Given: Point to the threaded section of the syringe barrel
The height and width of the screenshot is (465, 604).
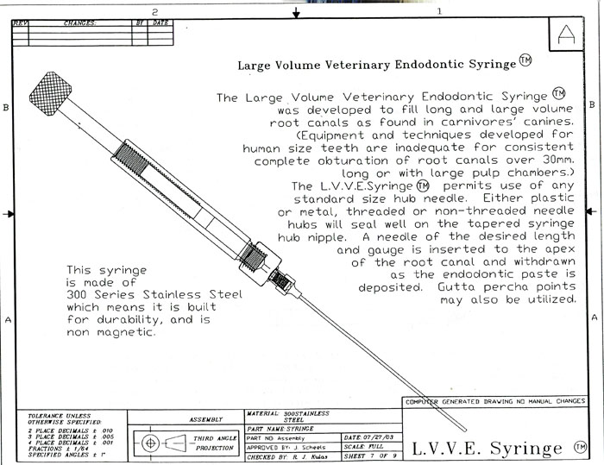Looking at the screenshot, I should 126,155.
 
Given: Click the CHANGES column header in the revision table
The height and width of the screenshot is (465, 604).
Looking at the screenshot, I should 79,23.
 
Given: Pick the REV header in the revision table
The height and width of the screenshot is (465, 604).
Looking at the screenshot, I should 20,23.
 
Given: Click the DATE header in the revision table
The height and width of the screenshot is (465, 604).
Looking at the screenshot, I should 160,23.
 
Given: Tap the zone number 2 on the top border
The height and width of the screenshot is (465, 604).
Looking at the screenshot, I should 154,11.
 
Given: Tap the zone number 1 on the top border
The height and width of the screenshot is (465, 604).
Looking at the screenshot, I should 439,11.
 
